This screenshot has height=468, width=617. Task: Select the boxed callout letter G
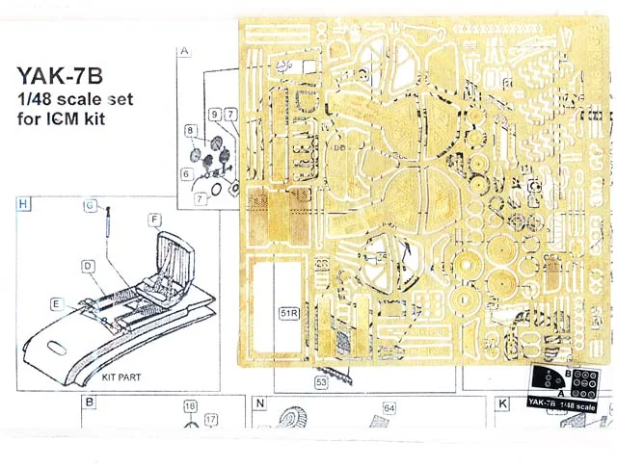tap(88, 206)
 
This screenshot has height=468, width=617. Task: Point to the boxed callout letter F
tap(154, 220)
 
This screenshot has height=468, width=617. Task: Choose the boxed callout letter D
tap(87, 265)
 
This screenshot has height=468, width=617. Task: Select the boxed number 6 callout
tap(184, 173)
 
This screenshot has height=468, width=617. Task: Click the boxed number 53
tap(320, 382)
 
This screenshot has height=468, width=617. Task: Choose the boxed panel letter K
tap(502, 402)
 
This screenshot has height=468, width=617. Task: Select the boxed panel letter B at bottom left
tap(90, 402)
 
